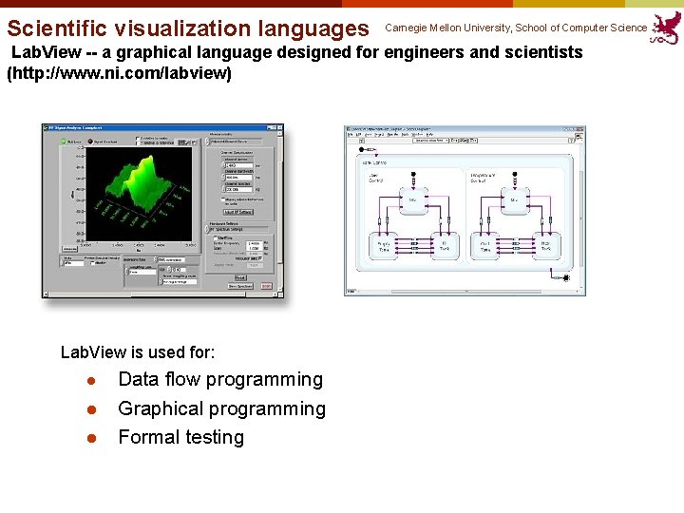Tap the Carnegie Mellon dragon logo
pos(666,28)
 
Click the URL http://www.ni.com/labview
pos(119,73)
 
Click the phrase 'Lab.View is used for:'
pos(138,352)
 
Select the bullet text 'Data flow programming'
pos(219,380)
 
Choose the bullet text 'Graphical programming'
pos(221,408)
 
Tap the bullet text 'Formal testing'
pos(180,437)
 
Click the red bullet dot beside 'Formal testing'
pos(91,438)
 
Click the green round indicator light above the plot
pos(65,143)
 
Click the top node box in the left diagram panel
pos(413,199)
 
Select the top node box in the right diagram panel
pos(514,199)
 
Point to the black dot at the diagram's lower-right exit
pos(566,277)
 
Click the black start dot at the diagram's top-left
pos(360,149)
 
